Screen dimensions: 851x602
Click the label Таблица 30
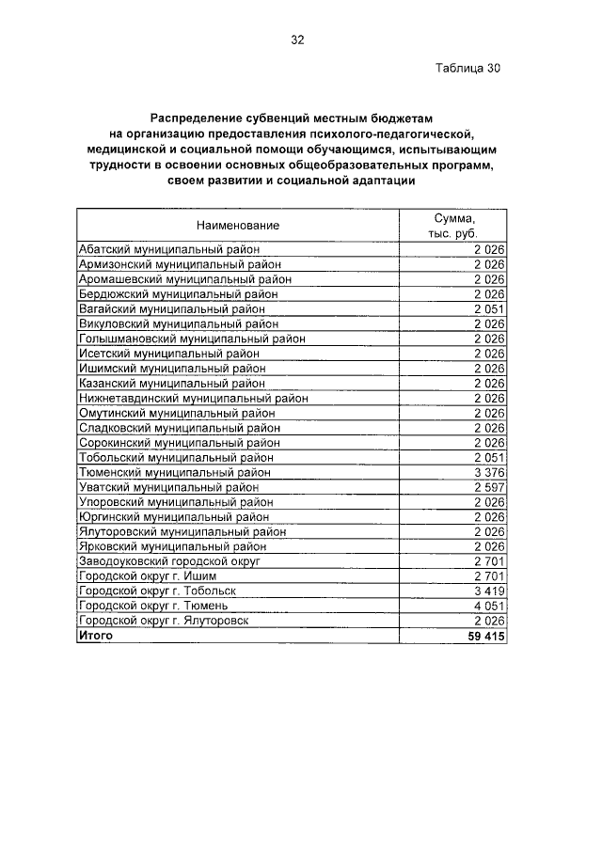[x=467, y=69]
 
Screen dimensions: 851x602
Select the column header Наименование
[x=238, y=225]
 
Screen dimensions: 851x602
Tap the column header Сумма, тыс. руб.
[x=455, y=225]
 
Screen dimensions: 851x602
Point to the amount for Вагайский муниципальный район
[x=489, y=308]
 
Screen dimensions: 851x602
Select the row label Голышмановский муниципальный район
[x=192, y=339]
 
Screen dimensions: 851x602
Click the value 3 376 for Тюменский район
[x=489, y=472]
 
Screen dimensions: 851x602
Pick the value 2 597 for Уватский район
[x=489, y=487]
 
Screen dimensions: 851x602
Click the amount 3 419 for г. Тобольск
[x=489, y=591]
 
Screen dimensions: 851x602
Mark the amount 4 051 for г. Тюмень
[x=489, y=607]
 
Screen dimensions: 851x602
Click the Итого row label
[x=95, y=637]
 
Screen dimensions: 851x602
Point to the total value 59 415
[x=486, y=637]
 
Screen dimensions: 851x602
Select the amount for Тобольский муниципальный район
[x=489, y=457]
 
